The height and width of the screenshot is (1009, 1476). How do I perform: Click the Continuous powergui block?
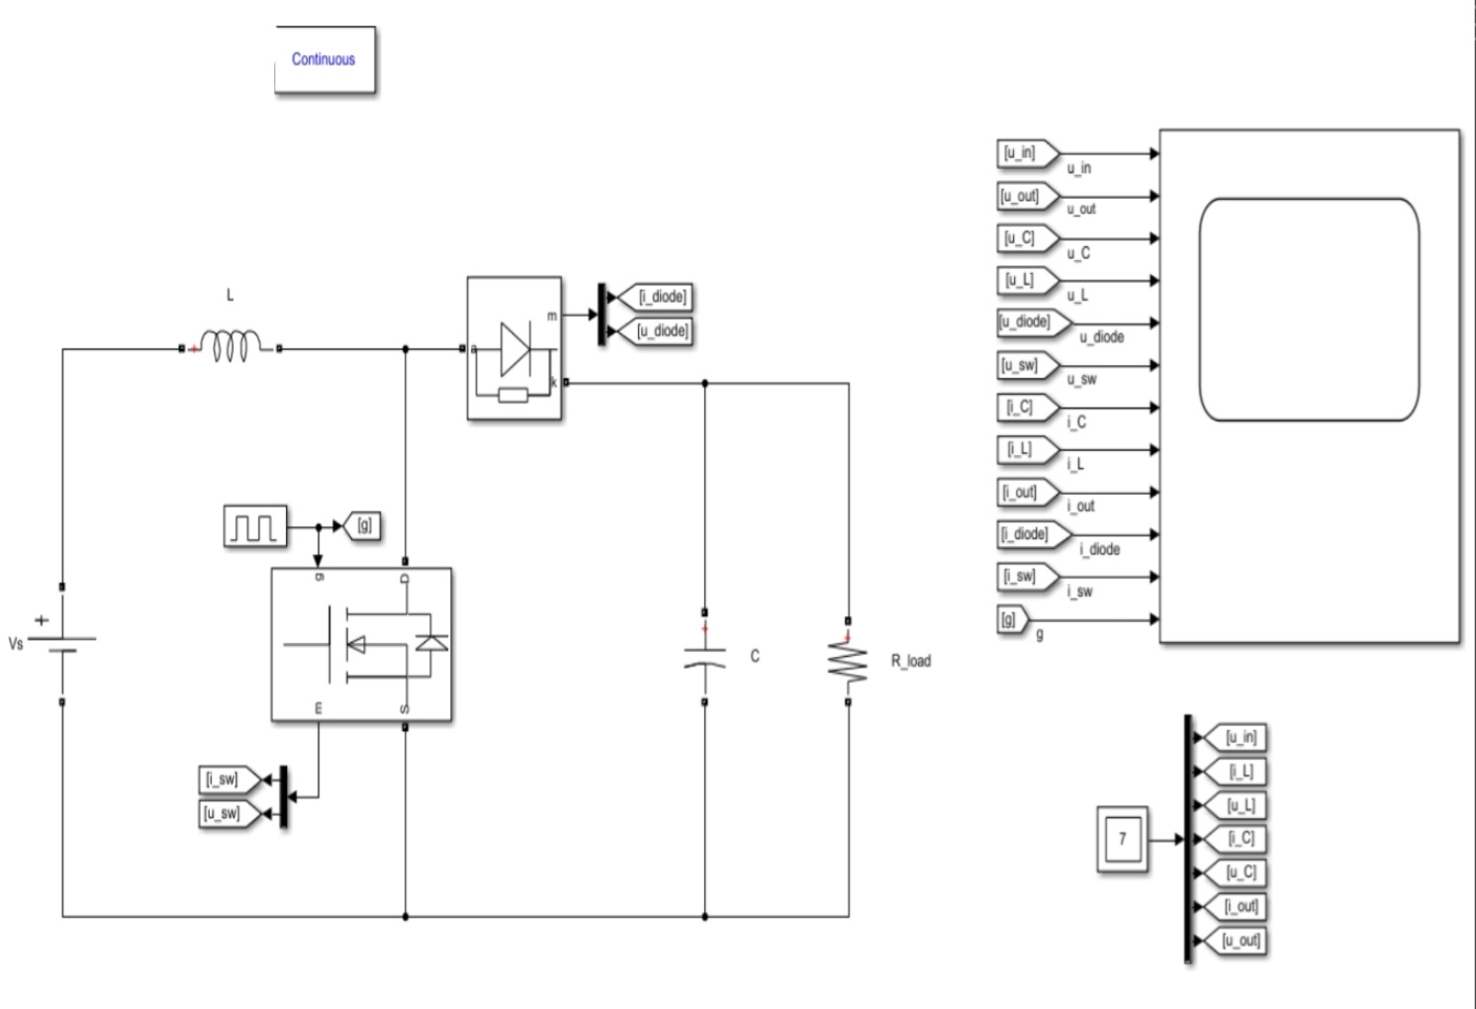pyautogui.click(x=324, y=60)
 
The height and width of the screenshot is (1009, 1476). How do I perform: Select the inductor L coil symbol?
pyautogui.click(x=231, y=347)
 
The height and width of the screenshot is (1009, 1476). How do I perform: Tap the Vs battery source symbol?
pyautogui.click(x=62, y=644)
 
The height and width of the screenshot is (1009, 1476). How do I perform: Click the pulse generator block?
pyautogui.click(x=254, y=526)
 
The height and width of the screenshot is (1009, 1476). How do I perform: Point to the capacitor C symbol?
pyautogui.click(x=704, y=657)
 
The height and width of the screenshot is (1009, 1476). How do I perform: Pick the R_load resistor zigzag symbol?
pyautogui.click(x=848, y=661)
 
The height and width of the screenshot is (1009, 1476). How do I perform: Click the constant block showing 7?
pyautogui.click(x=1122, y=839)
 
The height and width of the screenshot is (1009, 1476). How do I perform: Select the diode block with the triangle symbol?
pyautogui.click(x=514, y=348)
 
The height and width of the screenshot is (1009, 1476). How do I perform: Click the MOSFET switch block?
pyautogui.click(x=361, y=644)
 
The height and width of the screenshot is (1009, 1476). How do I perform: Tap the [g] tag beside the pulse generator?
pyautogui.click(x=362, y=526)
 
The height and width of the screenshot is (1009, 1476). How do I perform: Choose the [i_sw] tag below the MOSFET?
pyautogui.click(x=223, y=780)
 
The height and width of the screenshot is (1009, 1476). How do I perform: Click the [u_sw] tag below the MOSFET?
pyautogui.click(x=223, y=813)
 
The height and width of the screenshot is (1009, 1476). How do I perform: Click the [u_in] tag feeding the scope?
pyautogui.click(x=1022, y=153)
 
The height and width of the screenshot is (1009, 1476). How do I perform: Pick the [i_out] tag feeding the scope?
pyautogui.click(x=1022, y=492)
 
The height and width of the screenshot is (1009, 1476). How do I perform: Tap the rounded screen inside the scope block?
pyautogui.click(x=1309, y=310)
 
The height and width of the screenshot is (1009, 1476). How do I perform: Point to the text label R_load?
pyautogui.click(x=910, y=661)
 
